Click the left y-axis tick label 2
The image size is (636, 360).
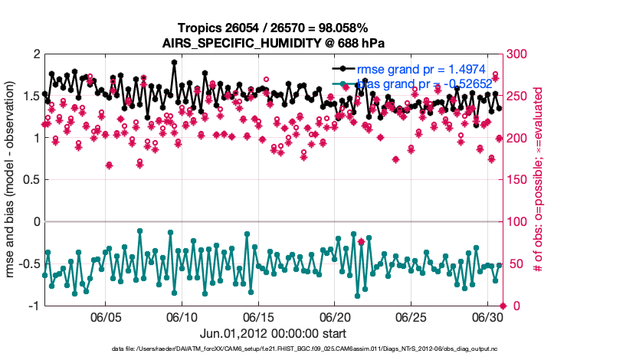[x=35, y=54]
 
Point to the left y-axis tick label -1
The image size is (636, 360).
[x=31, y=306]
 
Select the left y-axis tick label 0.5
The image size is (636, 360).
[x=30, y=180]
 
